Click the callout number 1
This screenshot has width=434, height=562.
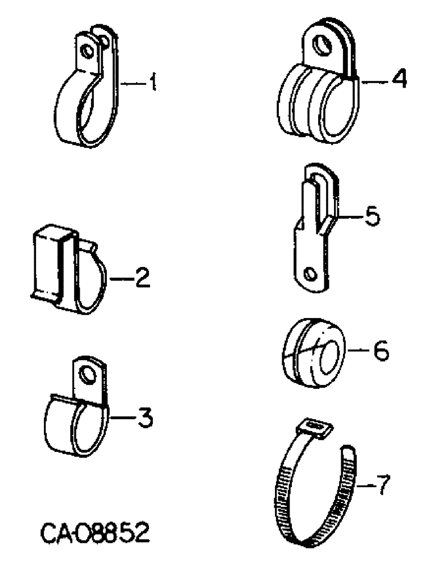coord(152,84)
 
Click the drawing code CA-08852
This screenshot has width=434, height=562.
coord(95,531)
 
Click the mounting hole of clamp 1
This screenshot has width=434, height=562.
coord(87,51)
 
